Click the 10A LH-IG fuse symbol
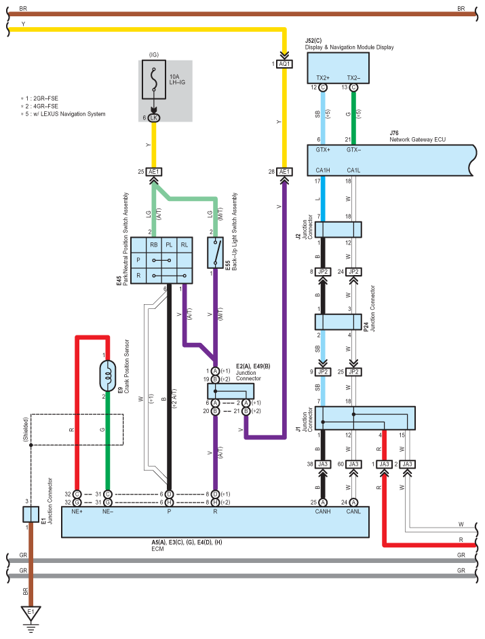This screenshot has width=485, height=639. coord(153,79)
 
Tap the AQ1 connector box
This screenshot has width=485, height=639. coord(284,64)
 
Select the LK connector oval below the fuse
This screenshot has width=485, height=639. coord(153,117)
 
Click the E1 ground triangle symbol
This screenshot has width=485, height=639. coord(31,613)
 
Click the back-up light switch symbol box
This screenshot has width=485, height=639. coord(216,253)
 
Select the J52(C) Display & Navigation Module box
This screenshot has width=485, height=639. coord(338,68)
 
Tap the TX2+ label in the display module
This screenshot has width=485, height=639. coord(322,78)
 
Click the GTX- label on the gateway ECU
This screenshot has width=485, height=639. coord(353,150)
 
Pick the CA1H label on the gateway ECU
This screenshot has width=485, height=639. coord(322,170)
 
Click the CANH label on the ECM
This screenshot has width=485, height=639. coord(322,511)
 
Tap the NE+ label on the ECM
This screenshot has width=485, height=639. coord(77,511)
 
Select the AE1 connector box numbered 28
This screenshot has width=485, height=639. coord(284,172)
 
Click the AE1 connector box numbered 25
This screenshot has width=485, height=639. coord(153,172)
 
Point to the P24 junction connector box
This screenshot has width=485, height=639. coord(338,322)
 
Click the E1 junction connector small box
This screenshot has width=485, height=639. coord(31,514)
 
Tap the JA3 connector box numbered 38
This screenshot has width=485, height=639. coord(322,464)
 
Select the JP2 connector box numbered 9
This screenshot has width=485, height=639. coord(322,371)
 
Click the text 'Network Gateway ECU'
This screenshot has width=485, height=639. coord(417,139)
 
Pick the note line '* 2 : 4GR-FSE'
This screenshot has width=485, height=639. coord(39,106)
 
